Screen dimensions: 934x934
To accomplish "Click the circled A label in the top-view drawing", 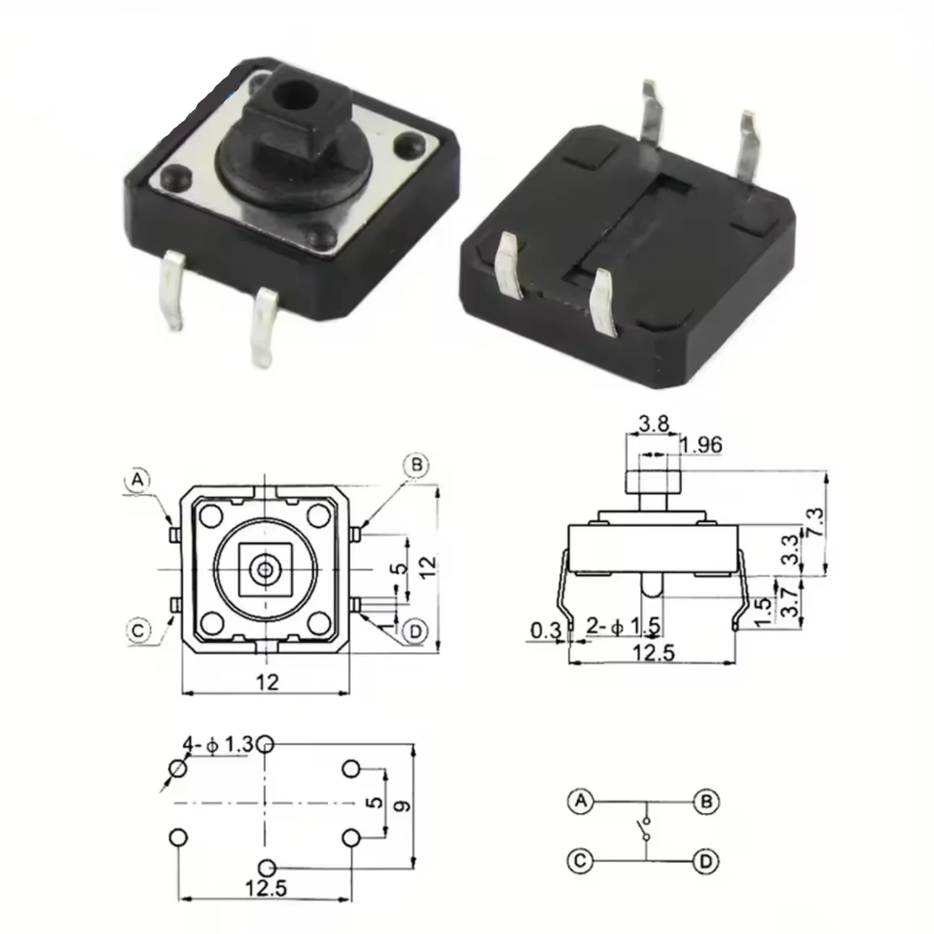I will tap(138, 479).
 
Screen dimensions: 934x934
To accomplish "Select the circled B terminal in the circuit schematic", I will tap(706, 802).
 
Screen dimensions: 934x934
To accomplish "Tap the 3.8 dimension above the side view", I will tap(654, 423).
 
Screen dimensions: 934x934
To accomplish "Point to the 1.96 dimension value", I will tap(702, 445).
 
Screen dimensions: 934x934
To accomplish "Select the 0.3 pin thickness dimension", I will tap(545, 630).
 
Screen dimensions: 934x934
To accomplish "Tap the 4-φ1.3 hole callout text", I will tap(217, 744).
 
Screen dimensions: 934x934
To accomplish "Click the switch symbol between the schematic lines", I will tap(644, 830).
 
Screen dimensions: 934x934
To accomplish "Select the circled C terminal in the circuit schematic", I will tap(580, 861).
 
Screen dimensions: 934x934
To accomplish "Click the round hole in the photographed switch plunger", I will tap(293, 93).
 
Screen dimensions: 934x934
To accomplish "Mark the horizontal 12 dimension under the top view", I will tap(266, 681).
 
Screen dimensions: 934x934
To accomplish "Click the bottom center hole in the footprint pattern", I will tap(266, 867).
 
